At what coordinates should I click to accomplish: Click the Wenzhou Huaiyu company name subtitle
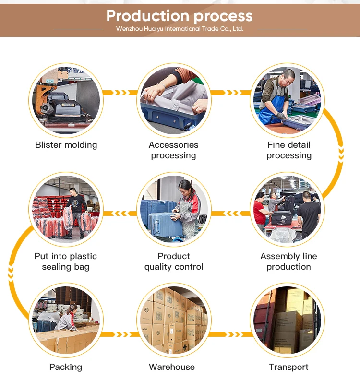click(x=180, y=29)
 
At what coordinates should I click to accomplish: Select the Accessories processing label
click(x=173, y=150)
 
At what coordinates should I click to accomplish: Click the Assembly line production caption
click(x=288, y=261)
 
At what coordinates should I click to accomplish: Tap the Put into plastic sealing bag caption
click(x=66, y=261)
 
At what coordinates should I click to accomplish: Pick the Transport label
click(x=288, y=367)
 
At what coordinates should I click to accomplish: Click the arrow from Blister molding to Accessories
click(x=120, y=93)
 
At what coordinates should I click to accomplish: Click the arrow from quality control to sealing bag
click(x=120, y=214)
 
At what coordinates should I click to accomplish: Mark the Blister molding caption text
click(x=66, y=145)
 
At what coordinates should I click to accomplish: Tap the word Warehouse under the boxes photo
click(x=172, y=367)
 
